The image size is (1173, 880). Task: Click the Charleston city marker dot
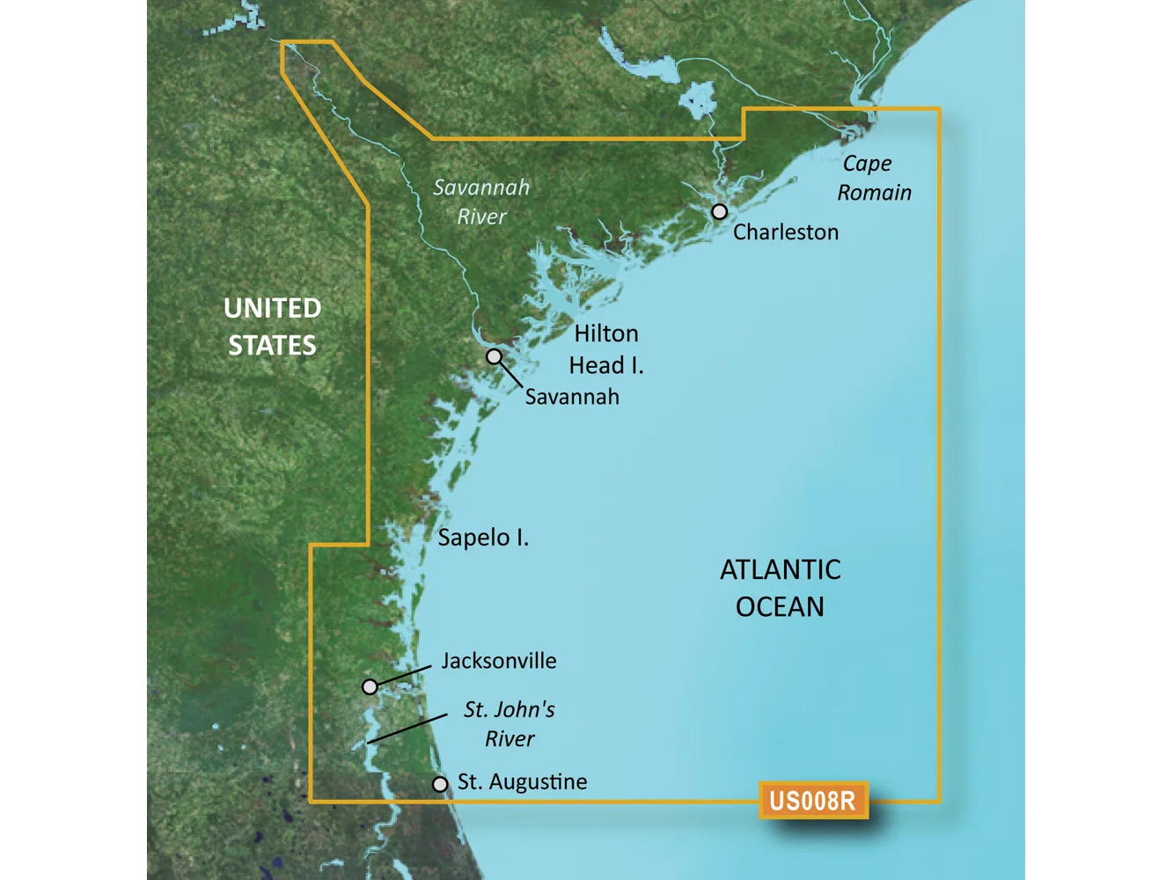click(720, 211)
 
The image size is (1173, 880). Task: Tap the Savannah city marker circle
click(495, 356)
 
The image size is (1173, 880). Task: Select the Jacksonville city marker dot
click(370, 686)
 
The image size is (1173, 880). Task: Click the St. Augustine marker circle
click(440, 784)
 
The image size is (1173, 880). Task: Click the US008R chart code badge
click(812, 801)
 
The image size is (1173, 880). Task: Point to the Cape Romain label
click(873, 178)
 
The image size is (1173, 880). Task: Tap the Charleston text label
click(786, 232)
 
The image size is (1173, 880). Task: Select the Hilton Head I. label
click(606, 349)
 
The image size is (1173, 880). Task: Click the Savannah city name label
click(572, 397)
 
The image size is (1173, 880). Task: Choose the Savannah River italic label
click(481, 202)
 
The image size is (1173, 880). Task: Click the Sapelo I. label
click(483, 538)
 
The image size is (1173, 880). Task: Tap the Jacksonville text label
click(499, 661)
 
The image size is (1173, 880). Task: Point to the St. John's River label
click(510, 723)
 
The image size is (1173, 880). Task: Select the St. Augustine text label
click(522, 782)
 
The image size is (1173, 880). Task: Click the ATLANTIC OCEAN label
click(780, 588)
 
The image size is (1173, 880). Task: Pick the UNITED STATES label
click(272, 326)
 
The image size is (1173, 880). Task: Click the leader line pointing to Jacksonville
click(405, 675)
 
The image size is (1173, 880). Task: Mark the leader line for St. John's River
click(407, 729)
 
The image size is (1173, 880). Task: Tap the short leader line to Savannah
click(510, 373)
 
